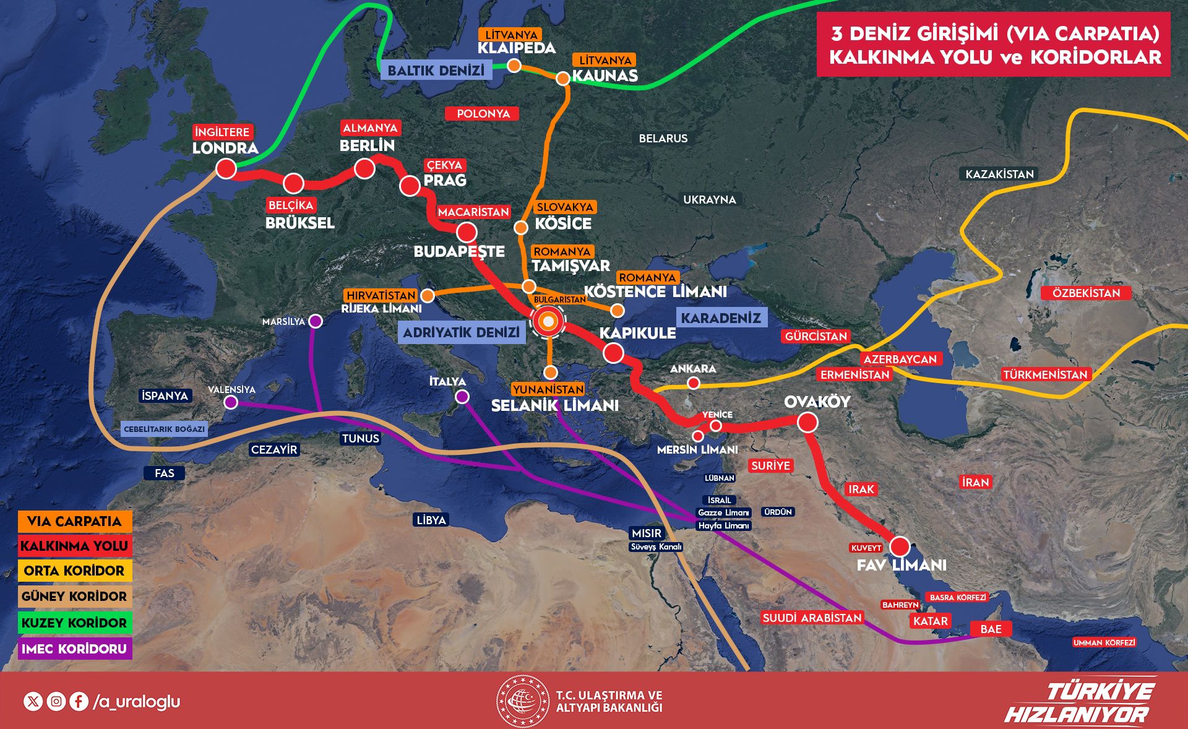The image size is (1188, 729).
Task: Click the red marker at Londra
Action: [226, 168]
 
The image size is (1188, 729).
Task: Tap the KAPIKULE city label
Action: [637, 333]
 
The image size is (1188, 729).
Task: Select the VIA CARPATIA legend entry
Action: [75, 521]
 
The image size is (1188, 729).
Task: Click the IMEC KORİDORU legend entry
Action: [75, 649]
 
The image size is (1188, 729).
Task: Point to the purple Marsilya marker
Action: [316, 321]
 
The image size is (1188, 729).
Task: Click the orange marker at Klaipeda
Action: [514, 65]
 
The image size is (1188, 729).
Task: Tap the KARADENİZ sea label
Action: [721, 318]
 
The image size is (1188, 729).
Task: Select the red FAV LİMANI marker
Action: [900, 546]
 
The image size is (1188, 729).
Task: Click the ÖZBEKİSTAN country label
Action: [1086, 293]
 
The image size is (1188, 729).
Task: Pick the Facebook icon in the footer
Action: [79, 701]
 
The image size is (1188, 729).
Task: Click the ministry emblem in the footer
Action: [523, 701]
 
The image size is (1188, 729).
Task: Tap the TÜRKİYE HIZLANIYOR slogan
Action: [1080, 702]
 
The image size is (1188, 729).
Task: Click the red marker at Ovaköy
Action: [807, 423]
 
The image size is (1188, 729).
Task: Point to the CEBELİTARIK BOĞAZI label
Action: [164, 429]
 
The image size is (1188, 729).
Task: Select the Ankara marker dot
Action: [694, 384]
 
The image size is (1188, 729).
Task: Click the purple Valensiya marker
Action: [231, 402]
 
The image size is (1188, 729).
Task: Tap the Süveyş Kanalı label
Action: [656, 547]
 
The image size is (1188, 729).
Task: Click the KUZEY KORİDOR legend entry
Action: [75, 623]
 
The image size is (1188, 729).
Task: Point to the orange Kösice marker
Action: [521, 228]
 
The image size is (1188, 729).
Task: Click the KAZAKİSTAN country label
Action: [999, 174]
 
